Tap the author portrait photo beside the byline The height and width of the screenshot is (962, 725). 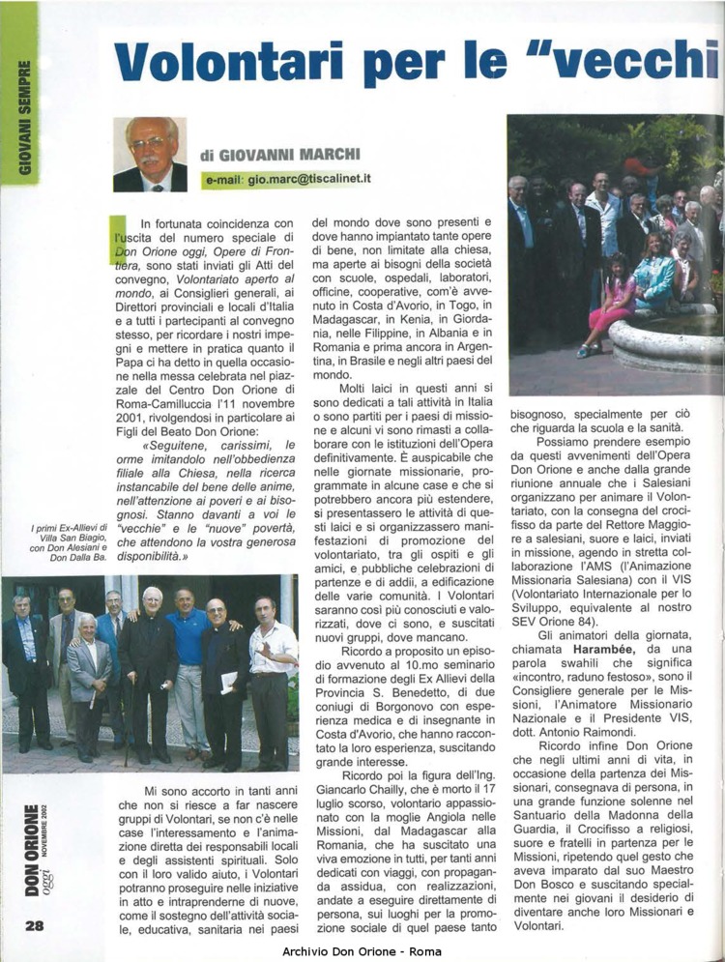click(x=149, y=154)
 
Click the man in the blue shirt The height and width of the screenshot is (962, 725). click(x=188, y=667)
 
